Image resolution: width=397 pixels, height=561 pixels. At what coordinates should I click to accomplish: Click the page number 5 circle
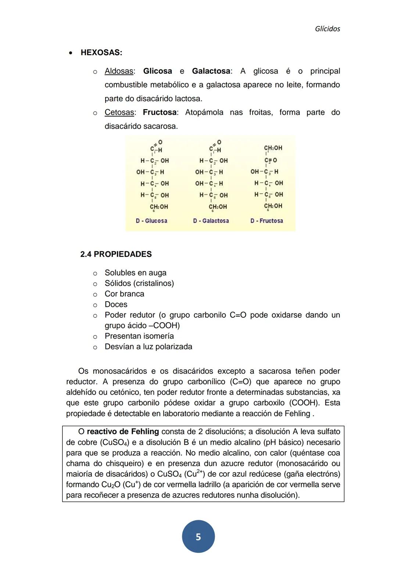point(198,537)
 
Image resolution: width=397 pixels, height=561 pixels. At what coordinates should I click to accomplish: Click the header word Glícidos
point(327,29)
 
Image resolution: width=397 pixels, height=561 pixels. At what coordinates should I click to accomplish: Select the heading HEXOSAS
point(101,53)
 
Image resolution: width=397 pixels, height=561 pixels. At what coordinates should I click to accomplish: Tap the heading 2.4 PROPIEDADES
point(116,254)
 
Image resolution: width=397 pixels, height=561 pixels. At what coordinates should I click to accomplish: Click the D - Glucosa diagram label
point(151,221)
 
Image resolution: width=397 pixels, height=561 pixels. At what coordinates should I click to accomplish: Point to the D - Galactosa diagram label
point(211,221)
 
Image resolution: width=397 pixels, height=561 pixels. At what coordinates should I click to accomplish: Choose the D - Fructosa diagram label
point(267,221)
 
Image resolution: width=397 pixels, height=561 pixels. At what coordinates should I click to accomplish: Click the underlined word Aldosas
point(119,71)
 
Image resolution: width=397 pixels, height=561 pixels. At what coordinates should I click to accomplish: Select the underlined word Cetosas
point(119,112)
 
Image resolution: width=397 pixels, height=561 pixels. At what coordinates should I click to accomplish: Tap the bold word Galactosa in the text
point(211,71)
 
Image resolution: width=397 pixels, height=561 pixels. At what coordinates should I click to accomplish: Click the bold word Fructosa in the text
point(159,112)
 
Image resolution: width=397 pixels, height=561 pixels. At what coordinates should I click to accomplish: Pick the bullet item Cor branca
point(124,294)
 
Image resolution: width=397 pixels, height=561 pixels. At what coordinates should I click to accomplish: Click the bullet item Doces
point(116,305)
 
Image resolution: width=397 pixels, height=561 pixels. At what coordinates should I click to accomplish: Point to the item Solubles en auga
point(135,273)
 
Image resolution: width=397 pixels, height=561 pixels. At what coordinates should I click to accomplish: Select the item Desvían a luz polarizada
point(148,347)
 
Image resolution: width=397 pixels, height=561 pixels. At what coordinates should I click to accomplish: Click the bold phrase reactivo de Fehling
point(123,432)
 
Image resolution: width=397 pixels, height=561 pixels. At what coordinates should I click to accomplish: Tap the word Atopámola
point(204,112)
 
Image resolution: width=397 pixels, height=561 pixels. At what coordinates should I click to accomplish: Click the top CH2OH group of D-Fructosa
point(273,148)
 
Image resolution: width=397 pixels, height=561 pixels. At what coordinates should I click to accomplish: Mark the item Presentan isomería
point(139,336)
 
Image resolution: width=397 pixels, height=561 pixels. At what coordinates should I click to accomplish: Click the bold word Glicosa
point(157,71)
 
